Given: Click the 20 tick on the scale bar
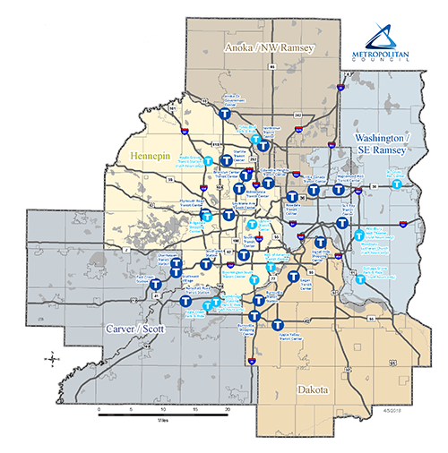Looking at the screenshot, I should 228,407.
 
